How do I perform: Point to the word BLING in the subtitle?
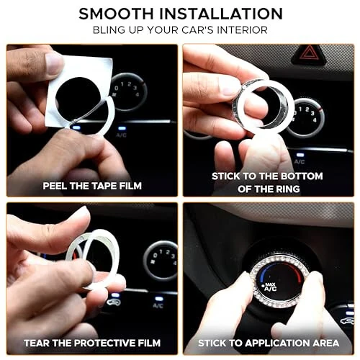(x=112, y=31)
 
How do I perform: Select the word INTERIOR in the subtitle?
(x=244, y=31)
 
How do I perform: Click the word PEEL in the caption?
(x=58, y=186)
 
